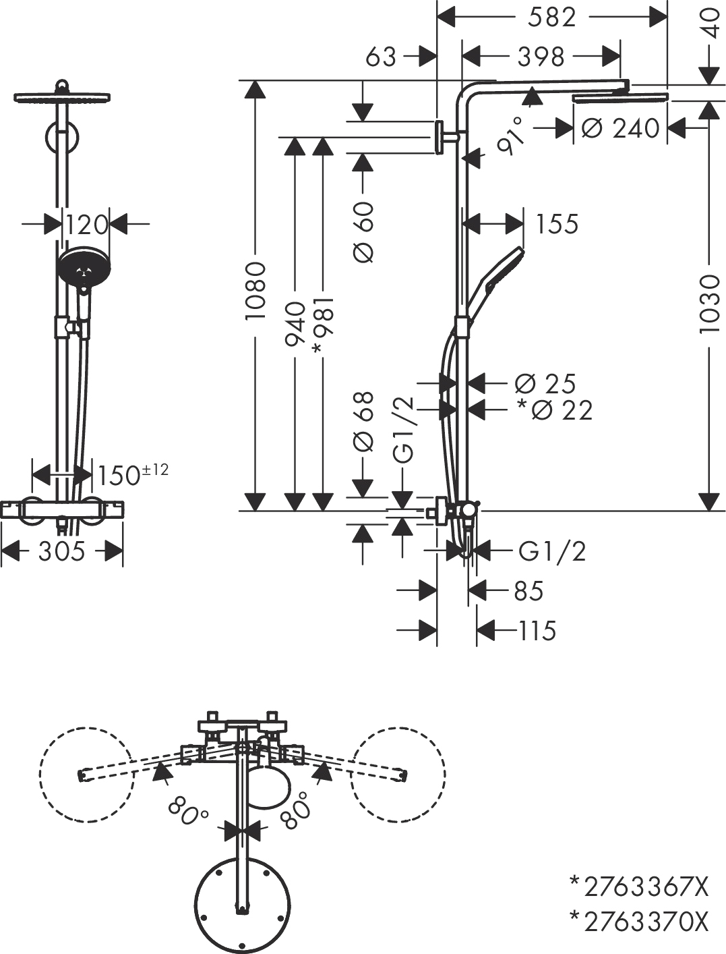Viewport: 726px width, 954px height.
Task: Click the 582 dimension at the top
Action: (551, 17)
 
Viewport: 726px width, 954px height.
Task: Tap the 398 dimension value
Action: (541, 57)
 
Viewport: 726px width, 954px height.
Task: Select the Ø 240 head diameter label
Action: (620, 128)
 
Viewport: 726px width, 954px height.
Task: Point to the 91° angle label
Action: (510, 135)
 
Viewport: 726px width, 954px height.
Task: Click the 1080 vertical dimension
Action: (256, 291)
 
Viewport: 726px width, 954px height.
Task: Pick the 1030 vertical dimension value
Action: (709, 304)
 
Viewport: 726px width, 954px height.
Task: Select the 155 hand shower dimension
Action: (557, 224)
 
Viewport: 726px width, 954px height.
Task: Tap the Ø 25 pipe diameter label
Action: (545, 384)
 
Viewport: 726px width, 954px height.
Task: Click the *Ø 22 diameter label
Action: (554, 410)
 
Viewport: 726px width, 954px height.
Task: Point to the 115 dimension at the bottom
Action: (537, 631)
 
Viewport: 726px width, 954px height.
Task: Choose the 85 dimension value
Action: (528, 591)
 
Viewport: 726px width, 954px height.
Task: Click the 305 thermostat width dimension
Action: (61, 552)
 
